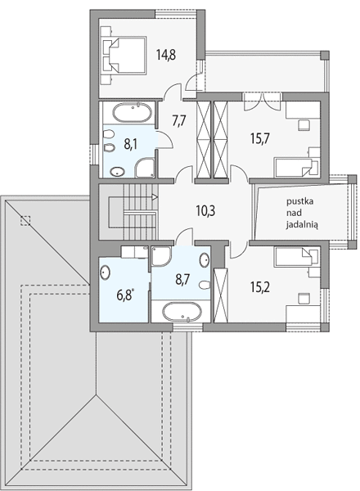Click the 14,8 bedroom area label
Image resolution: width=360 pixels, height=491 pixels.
pyautogui.click(x=166, y=55)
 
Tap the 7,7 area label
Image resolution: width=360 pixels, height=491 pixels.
pyautogui.click(x=179, y=120)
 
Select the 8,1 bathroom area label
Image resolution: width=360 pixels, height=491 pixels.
pyautogui.click(x=131, y=145)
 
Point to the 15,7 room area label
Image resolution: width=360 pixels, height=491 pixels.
pyautogui.click(x=260, y=138)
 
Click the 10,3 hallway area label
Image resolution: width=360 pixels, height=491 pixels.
pyautogui.click(x=205, y=211)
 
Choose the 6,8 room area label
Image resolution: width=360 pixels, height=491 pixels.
pyautogui.click(x=125, y=295)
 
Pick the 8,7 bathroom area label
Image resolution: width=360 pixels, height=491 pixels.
pyautogui.click(x=182, y=280)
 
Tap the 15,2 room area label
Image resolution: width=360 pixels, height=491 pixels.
pyautogui.click(x=260, y=286)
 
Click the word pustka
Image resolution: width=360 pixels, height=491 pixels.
pyautogui.click(x=300, y=201)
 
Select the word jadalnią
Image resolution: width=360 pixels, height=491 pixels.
pyautogui.click(x=302, y=225)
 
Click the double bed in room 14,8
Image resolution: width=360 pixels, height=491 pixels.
pyautogui.click(x=124, y=56)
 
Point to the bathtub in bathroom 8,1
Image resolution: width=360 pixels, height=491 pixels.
pyautogui.click(x=132, y=113)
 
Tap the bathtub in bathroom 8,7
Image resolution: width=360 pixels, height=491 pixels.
pyautogui.click(x=182, y=312)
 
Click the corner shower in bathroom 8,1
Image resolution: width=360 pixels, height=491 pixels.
pyautogui.click(x=145, y=168)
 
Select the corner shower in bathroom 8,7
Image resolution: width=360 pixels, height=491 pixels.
pyautogui.click(x=161, y=256)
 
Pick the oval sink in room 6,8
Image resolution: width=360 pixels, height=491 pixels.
pyautogui.click(x=105, y=273)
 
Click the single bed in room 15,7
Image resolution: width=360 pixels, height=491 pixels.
pyautogui.click(x=297, y=168)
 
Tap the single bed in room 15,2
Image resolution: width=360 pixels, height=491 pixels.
pyautogui.click(x=297, y=258)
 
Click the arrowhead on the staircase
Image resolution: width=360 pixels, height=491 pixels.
pyautogui.click(x=155, y=197)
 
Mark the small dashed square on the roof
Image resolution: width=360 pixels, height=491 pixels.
pyautogui.click(x=25, y=221)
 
